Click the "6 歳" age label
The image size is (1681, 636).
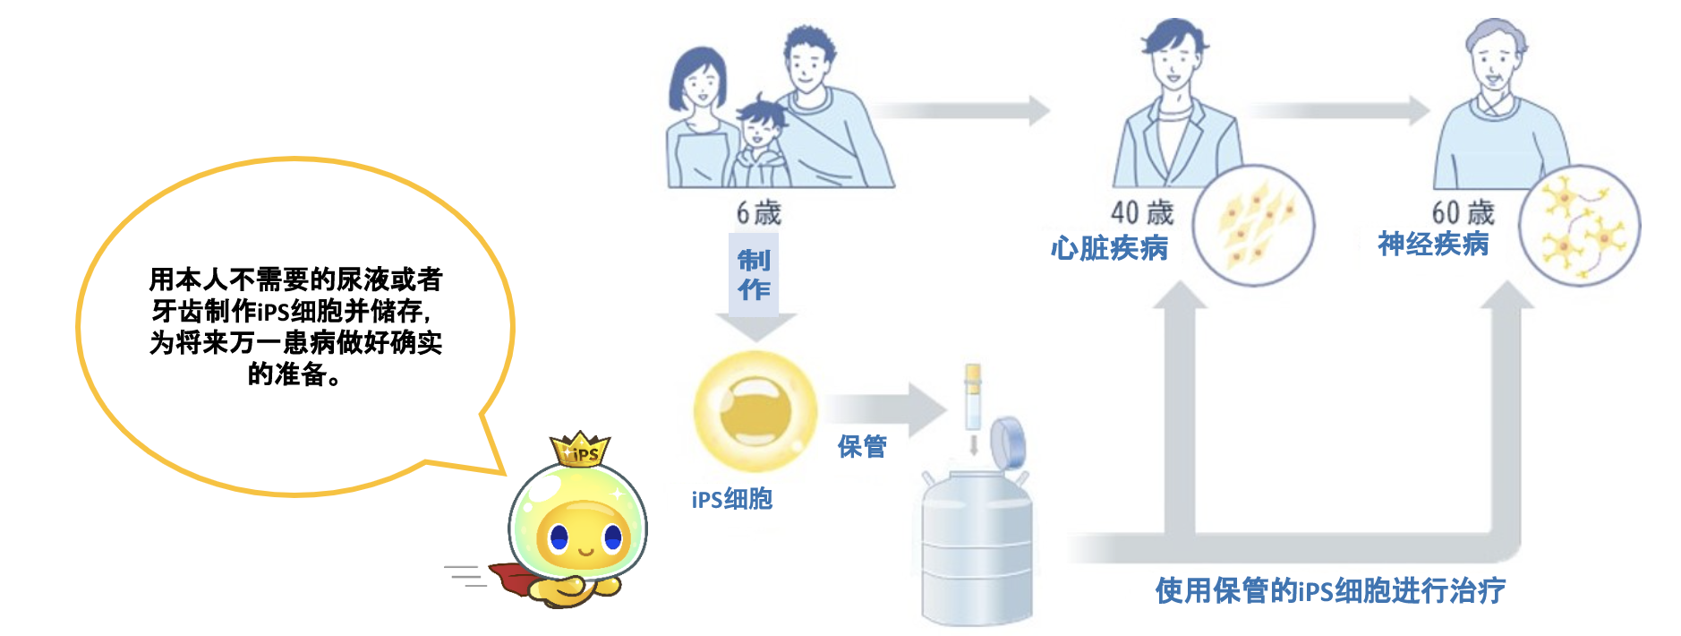(758, 213)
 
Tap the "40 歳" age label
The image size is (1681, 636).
(1141, 213)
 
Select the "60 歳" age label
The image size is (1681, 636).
(1463, 212)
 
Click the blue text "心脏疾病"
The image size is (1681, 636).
(1109, 248)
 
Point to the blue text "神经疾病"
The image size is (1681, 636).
(1433, 244)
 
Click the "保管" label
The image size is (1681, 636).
(862, 446)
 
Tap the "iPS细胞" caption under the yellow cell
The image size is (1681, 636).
(731, 499)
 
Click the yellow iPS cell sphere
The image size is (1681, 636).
(755, 411)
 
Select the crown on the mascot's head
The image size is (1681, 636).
(580, 449)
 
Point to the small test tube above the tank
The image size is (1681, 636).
(973, 397)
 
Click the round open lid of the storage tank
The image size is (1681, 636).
(1008, 443)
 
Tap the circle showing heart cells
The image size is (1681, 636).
(1253, 225)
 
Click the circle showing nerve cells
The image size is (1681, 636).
(1579, 225)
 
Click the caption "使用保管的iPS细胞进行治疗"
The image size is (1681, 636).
(1330, 590)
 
